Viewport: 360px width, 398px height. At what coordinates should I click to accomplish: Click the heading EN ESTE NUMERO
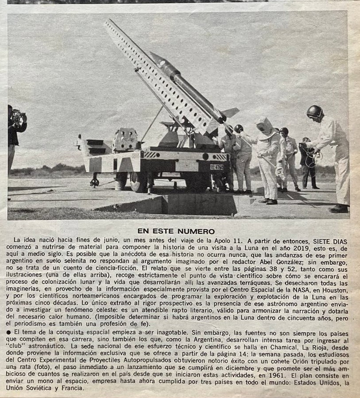pos(176,231)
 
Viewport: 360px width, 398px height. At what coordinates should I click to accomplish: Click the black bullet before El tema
pos(10,332)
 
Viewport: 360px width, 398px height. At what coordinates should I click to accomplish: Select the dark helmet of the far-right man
pos(314,112)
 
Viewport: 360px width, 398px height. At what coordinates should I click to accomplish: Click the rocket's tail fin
pos(230,112)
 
